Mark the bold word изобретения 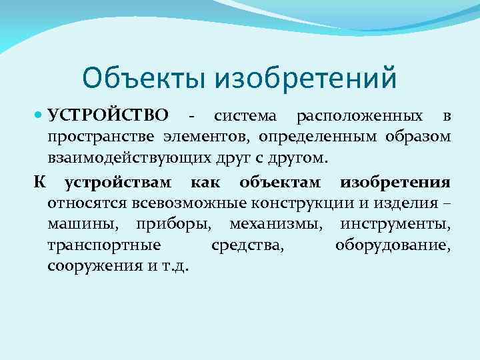pos(395,181)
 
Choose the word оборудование pos(393,246)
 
